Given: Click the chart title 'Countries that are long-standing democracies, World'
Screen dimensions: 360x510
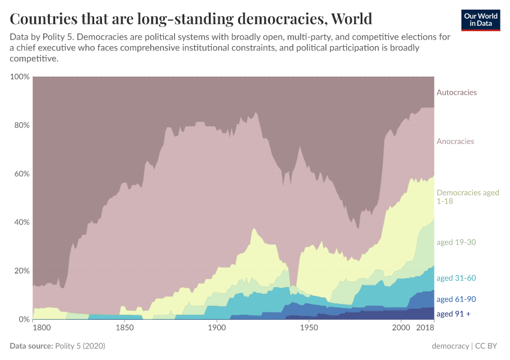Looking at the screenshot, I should pos(191,18).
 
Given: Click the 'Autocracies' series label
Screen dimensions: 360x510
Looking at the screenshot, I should pos(457,92).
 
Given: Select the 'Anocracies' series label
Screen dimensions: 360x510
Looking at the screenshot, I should pos(455,142).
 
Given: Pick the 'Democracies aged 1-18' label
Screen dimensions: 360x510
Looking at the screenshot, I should pos(467,197).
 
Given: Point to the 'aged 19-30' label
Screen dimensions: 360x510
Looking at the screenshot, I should pos(456,242).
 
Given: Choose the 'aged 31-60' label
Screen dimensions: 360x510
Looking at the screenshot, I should pos(456,278).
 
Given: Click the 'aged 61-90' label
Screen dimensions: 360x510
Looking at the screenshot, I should pos(456,299).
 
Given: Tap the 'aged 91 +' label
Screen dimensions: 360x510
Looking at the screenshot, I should pos(454,314).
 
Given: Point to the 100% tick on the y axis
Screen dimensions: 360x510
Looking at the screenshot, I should pos(20,77).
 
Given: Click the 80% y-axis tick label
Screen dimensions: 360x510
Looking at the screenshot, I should pos(21,125).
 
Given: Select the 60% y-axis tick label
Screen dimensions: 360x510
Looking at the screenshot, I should pos(21,174).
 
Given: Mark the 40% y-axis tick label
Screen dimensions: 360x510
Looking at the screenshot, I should pos(21,223).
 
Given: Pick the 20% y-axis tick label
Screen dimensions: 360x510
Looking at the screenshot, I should pos(21,271).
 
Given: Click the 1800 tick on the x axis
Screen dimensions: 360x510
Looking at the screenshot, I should pos(41,328).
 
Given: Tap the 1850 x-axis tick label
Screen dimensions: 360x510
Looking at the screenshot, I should pos(124,328).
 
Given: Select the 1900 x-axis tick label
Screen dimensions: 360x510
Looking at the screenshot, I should pos(217,328).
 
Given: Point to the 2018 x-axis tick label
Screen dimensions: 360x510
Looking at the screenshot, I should pos(425,328).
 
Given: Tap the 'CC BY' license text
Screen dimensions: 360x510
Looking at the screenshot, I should pos(487,346).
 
